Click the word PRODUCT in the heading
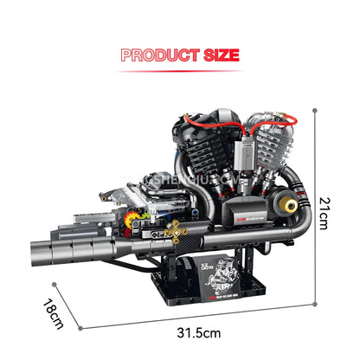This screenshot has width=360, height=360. coord(155,55)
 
